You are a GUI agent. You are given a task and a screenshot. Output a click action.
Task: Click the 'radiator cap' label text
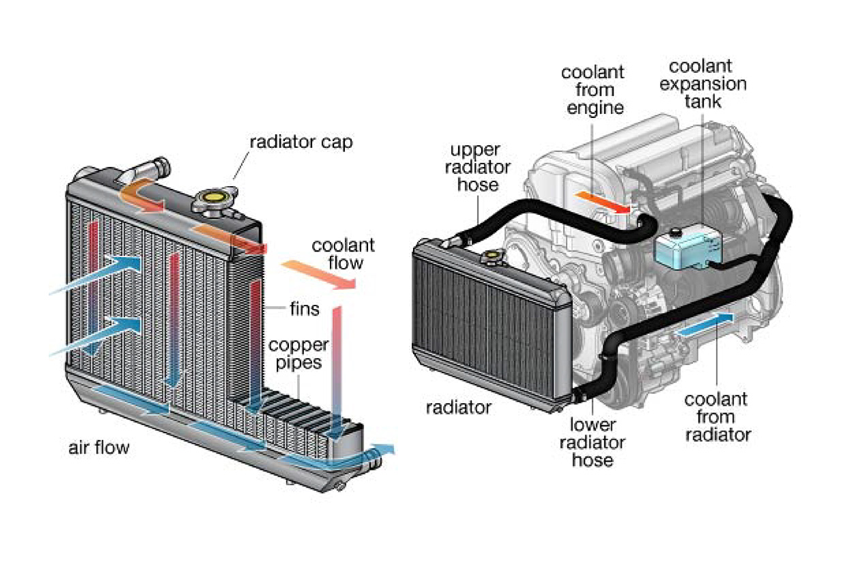tap(301, 143)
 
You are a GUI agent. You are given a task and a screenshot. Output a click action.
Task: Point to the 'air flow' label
tap(99, 448)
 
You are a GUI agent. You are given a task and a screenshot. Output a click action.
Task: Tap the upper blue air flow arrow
tap(102, 273)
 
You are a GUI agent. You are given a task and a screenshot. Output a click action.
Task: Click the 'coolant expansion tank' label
tap(709, 85)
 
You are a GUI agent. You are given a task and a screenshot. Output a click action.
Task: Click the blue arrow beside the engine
tap(705, 325)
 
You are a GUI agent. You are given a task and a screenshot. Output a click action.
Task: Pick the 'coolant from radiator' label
tap(716, 417)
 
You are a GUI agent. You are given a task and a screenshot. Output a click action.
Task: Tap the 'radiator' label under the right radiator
tap(458, 407)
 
